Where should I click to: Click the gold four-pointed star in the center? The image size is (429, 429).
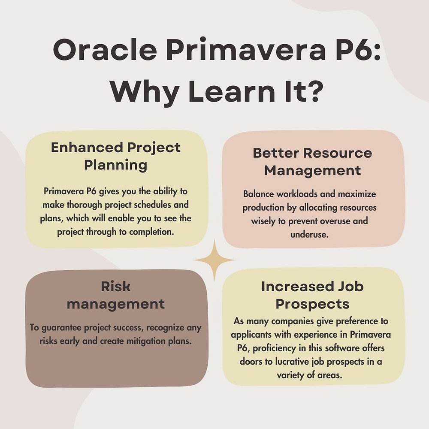click(214, 260)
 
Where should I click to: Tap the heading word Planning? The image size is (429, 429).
click(116, 165)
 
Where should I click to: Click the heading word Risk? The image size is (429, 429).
click(115, 286)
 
